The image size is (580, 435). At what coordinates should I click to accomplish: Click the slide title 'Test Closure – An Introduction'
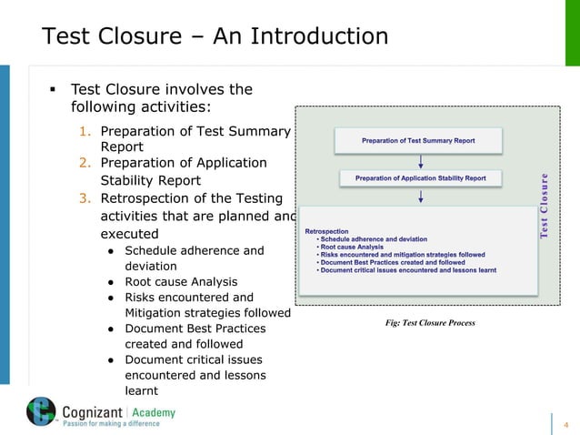(x=215, y=37)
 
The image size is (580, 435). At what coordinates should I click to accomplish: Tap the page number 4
(x=565, y=425)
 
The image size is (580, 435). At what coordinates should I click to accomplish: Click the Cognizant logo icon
(x=41, y=413)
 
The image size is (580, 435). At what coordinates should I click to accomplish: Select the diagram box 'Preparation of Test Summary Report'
(x=418, y=141)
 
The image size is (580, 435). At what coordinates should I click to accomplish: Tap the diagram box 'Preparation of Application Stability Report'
(x=420, y=178)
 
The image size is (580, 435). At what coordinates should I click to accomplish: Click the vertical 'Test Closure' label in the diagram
(x=545, y=206)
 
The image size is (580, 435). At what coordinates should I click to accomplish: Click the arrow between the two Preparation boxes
(x=419, y=160)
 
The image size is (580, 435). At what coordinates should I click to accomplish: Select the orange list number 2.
(x=83, y=163)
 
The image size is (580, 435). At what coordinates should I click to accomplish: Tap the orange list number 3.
(x=83, y=198)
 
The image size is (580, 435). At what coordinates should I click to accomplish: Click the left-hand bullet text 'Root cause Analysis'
(x=180, y=282)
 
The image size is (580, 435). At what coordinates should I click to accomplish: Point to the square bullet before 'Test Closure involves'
(x=52, y=90)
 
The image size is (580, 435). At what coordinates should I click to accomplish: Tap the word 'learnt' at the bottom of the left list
(x=141, y=390)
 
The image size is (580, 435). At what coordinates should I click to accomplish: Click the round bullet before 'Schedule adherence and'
(x=108, y=251)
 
